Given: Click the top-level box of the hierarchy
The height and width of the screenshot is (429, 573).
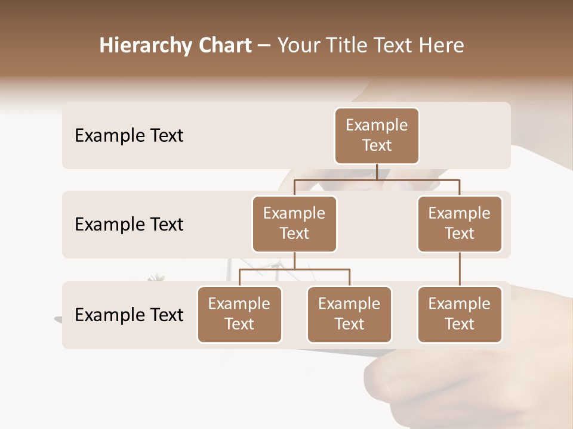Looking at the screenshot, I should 377,135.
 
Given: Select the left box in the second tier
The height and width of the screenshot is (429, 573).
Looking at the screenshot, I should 294,223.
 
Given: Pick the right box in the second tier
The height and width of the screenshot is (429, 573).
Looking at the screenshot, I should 460,223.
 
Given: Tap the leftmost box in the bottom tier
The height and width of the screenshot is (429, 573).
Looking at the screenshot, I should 239,314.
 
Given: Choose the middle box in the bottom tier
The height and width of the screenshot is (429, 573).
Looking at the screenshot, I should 349,314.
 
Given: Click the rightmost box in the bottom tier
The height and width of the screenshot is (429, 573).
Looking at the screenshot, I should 460,314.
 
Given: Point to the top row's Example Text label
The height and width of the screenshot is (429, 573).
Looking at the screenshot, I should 129,136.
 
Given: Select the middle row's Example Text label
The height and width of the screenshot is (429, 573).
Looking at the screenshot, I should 129,225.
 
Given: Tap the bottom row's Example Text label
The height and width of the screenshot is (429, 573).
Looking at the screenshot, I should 129,315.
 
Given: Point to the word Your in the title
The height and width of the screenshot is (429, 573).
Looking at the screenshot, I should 298,46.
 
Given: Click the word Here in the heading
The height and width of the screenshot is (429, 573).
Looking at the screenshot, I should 442,46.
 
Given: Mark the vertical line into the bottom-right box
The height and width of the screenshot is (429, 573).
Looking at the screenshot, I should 460,269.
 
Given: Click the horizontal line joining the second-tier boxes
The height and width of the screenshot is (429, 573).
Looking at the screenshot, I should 377,179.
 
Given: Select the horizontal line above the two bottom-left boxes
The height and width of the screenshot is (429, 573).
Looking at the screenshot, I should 294,269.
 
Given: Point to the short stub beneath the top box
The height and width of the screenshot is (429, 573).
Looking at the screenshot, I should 377,172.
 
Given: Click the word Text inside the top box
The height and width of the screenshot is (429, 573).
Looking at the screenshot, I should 377,145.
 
